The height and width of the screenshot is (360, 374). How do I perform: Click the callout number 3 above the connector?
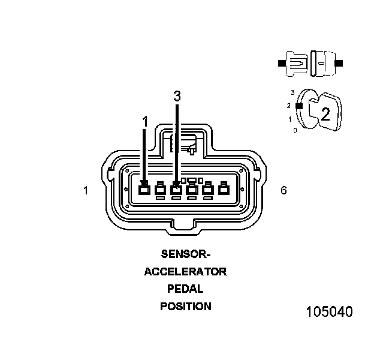[176, 96]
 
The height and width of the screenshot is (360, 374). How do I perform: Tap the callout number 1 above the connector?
[144, 122]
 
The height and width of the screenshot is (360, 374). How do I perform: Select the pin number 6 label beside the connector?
[283, 190]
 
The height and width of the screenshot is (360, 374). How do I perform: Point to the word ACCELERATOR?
[185, 271]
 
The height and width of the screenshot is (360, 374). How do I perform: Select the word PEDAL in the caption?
[185, 289]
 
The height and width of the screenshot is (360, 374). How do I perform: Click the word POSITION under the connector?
[185, 307]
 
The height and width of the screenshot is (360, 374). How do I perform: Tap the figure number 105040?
[329, 312]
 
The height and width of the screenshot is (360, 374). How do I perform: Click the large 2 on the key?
[325, 115]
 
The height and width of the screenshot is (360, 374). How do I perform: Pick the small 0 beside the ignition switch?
[294, 130]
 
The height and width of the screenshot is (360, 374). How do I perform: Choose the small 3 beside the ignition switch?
[292, 93]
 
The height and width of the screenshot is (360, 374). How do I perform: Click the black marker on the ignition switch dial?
[298, 106]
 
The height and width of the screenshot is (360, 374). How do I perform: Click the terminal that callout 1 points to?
[144, 190]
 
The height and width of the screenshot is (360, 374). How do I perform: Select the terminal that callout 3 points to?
[176, 190]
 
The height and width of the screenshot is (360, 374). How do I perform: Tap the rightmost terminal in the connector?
[224, 190]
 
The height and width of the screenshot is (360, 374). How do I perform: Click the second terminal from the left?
[160, 190]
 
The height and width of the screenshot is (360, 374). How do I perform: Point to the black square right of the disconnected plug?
[339, 62]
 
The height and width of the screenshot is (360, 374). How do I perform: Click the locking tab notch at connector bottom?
[184, 227]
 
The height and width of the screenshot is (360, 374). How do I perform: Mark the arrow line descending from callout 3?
[176, 144]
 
